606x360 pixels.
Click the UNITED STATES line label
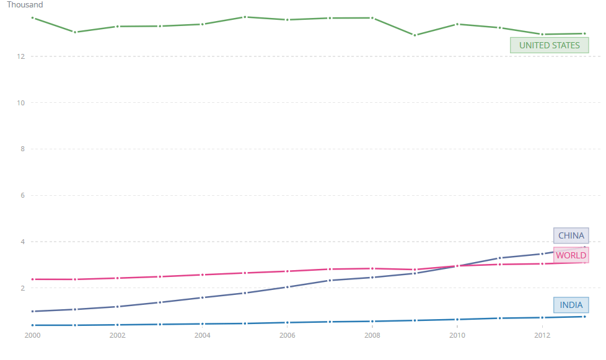549,45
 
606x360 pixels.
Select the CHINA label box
571,235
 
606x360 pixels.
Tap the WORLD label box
571,255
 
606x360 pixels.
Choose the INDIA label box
571,305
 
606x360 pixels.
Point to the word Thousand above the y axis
25,5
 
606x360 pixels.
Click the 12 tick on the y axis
20,56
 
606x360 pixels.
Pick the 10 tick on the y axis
20,103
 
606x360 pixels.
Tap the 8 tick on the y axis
21,149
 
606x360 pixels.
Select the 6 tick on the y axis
21,196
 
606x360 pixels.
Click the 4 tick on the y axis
21,242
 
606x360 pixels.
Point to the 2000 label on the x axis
32,335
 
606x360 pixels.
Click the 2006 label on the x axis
287,335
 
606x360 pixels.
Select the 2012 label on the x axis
542,335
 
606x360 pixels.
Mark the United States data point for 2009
415,35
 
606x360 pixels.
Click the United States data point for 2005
245,17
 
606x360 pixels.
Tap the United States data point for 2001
75,32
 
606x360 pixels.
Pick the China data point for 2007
330,281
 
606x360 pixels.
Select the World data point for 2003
160,276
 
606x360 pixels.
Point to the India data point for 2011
499,318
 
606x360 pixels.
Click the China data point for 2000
32,311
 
